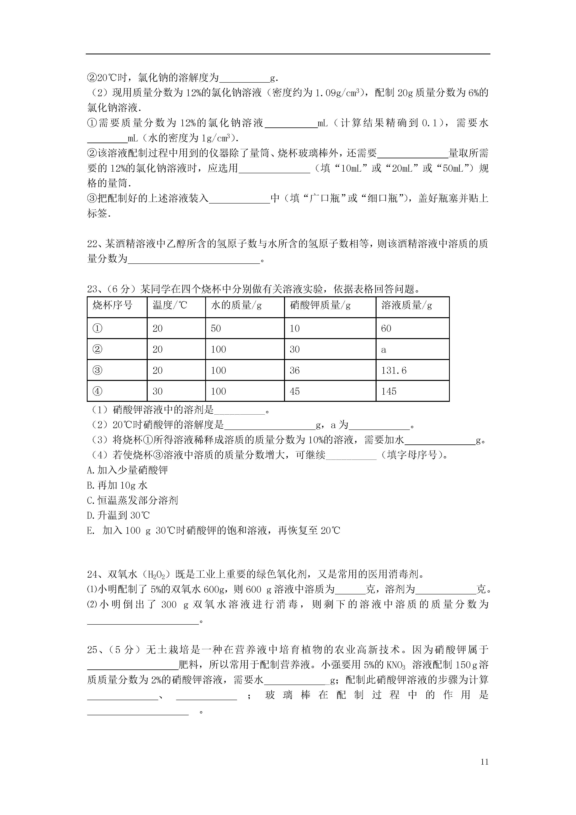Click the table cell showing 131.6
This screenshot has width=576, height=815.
pyautogui.click(x=393, y=371)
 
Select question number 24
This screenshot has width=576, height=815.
pyautogui.click(x=92, y=574)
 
